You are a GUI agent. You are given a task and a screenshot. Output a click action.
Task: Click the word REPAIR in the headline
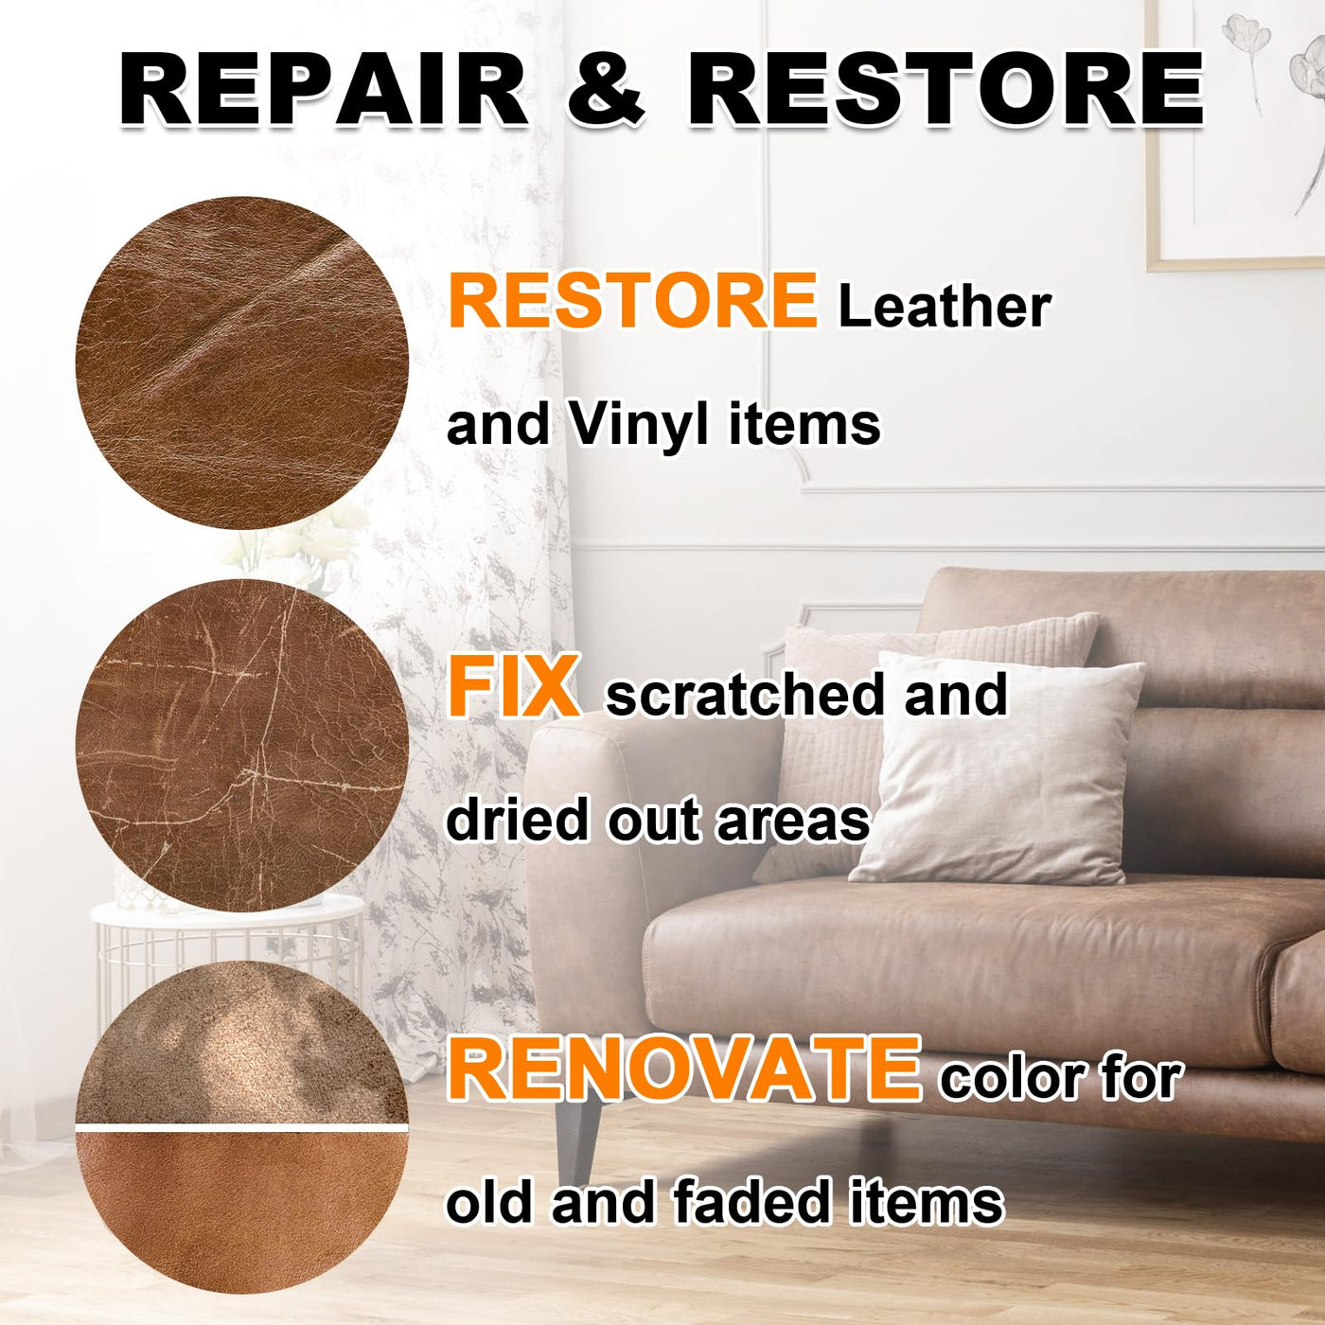tap(323, 89)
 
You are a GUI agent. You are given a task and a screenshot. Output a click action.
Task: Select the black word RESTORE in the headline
tap(946, 89)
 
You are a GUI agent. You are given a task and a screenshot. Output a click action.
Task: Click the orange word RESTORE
tap(632, 301)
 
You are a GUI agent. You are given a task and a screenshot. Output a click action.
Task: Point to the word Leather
tap(945, 306)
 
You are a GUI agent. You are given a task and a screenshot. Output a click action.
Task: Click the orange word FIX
tap(513, 687)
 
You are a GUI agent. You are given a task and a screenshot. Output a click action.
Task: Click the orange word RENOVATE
tap(684, 1070)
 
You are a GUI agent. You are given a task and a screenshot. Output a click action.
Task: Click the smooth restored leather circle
tap(242, 363)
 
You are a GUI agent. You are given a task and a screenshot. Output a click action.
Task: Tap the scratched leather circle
tap(242, 746)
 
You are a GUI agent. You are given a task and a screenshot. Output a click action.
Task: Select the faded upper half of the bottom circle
tap(242, 1045)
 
